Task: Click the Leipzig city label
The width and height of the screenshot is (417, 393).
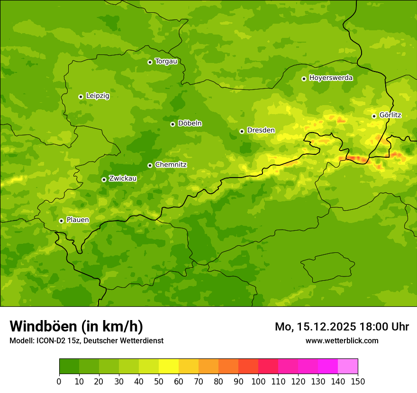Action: pyautogui.click(x=98, y=96)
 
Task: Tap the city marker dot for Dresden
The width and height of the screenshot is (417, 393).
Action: pyautogui.click(x=242, y=131)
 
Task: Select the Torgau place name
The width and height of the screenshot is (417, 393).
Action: pyautogui.click(x=166, y=62)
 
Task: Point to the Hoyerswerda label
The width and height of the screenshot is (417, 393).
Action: pyautogui.click(x=331, y=78)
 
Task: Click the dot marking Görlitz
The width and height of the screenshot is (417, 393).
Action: pyautogui.click(x=374, y=116)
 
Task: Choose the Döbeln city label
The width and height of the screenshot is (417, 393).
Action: pyautogui.click(x=190, y=124)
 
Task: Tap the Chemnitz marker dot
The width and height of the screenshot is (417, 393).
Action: pyautogui.click(x=150, y=165)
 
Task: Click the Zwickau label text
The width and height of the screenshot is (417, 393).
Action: pyautogui.click(x=123, y=179)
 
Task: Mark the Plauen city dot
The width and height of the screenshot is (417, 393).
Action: pyautogui.click(x=61, y=221)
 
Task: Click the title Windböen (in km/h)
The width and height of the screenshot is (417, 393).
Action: pyautogui.click(x=76, y=327)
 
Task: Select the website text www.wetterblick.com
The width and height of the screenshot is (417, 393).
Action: pyautogui.click(x=342, y=341)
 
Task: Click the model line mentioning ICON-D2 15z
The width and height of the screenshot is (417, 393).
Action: pyautogui.click(x=86, y=341)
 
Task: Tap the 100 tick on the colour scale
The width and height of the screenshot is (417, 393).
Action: pyautogui.click(x=258, y=381)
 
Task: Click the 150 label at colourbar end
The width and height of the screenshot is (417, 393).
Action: pyautogui.click(x=358, y=381)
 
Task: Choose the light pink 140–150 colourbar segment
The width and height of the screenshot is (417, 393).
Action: pyautogui.click(x=348, y=366)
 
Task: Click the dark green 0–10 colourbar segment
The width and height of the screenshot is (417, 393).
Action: pyautogui.click(x=69, y=366)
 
